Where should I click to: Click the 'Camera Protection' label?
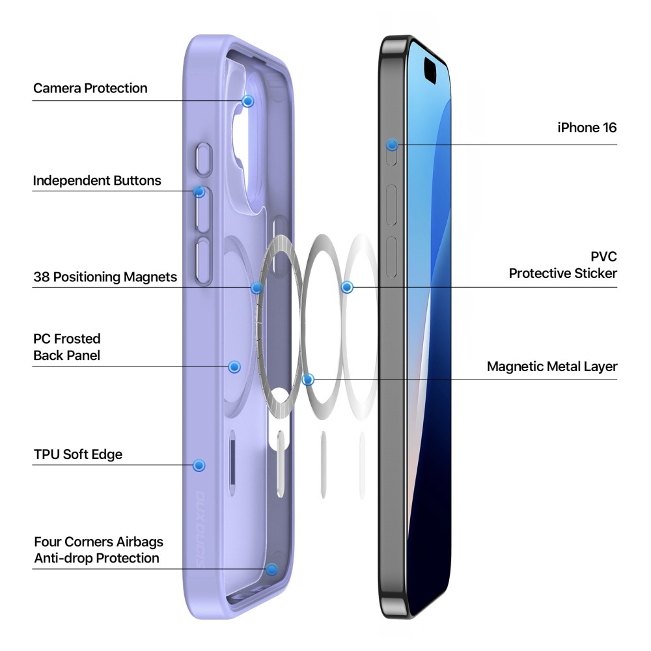90,89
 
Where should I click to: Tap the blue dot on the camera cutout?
248,101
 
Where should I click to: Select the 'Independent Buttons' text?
97,181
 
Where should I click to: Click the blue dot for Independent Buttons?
199,191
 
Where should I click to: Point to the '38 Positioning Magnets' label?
105,277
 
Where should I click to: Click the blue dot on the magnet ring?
257,287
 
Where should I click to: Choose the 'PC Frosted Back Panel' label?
67,347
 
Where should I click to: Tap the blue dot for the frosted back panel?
234,367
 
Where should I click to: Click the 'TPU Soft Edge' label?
78,454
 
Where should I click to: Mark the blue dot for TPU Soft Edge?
199,465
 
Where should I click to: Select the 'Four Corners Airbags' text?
98,542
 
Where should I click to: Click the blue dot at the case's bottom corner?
272,569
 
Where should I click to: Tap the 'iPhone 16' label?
587,128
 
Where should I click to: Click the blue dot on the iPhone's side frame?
392,145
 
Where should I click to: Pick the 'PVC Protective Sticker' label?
563,265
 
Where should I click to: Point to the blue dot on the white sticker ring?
347,287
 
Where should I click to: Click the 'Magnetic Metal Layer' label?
552,367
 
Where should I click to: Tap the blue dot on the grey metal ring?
308,379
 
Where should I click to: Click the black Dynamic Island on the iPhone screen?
430,70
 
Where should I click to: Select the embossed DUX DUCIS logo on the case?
200,530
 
